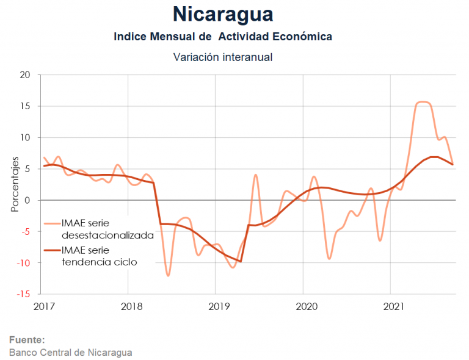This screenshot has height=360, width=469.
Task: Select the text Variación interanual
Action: click(x=223, y=57)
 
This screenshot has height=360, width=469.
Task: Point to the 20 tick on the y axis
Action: click(x=24, y=75)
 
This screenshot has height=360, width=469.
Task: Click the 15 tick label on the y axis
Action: click(x=24, y=106)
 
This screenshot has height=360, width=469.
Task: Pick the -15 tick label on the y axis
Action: click(x=23, y=294)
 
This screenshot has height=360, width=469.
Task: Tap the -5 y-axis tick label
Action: click(x=25, y=231)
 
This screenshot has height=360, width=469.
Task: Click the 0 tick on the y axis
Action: click(x=27, y=200)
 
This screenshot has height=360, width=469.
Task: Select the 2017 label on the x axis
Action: click(x=43, y=306)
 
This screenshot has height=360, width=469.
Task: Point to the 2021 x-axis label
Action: click(x=391, y=306)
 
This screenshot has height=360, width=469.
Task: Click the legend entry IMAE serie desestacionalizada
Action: click(x=107, y=229)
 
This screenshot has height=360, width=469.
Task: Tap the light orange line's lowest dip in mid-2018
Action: click(x=168, y=275)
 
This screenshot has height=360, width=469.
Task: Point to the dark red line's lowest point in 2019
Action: click(x=241, y=261)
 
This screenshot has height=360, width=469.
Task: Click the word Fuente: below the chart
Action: click(x=27, y=340)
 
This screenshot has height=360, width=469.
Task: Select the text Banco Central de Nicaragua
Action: click(x=70, y=352)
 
